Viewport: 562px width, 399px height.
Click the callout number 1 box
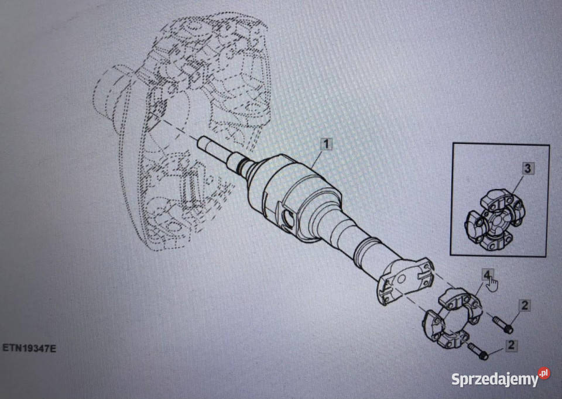pos(326,145)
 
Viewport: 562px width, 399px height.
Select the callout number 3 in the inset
pos(527,168)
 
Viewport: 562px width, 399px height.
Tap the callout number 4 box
pos(486,275)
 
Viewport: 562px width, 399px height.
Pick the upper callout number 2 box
pos(525,305)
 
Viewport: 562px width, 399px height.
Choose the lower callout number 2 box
pos(511,345)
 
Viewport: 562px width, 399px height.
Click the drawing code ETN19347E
pos(29,348)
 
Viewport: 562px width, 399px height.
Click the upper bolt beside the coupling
pos(503,324)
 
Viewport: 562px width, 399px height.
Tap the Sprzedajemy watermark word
pos(495,379)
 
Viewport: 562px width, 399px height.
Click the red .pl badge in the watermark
pos(544,373)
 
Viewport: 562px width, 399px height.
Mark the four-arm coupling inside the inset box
pos(495,219)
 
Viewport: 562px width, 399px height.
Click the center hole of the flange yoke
pos(402,280)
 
